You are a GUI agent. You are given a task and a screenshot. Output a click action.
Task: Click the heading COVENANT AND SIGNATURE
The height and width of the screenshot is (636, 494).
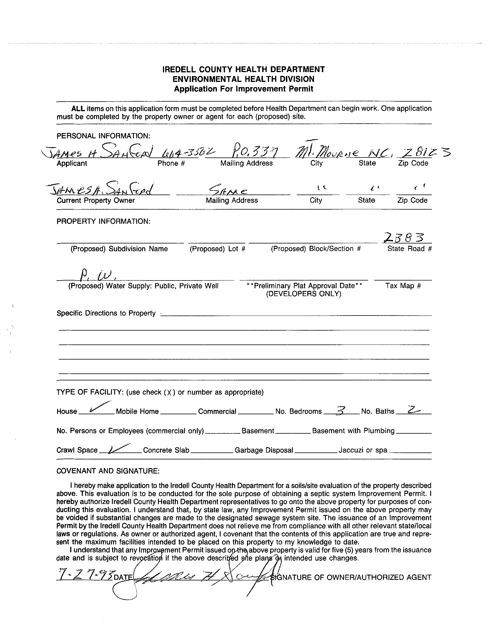(x=108, y=471)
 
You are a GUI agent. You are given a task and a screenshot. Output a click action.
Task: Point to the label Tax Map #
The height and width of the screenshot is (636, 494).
(x=403, y=286)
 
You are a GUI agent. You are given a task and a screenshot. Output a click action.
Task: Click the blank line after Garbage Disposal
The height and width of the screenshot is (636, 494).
(x=315, y=452)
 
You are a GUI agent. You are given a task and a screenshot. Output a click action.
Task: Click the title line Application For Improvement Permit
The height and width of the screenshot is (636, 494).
(x=244, y=89)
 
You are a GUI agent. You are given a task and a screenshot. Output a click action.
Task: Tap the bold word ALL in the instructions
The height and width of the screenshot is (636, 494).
(x=78, y=109)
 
